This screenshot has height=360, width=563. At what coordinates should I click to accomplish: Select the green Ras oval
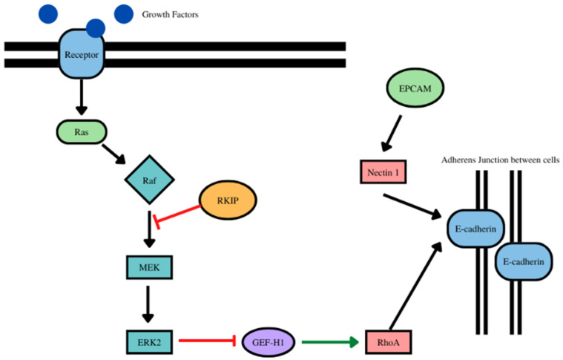82,132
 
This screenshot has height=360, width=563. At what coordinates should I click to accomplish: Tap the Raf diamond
149,179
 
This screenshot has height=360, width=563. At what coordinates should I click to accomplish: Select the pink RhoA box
387,342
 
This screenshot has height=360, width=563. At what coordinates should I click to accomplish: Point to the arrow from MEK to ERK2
149,304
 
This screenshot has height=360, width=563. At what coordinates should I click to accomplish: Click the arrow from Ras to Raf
115,154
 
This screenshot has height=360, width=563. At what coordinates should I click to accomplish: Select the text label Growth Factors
170,14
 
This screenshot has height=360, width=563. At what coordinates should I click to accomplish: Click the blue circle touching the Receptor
96,27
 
